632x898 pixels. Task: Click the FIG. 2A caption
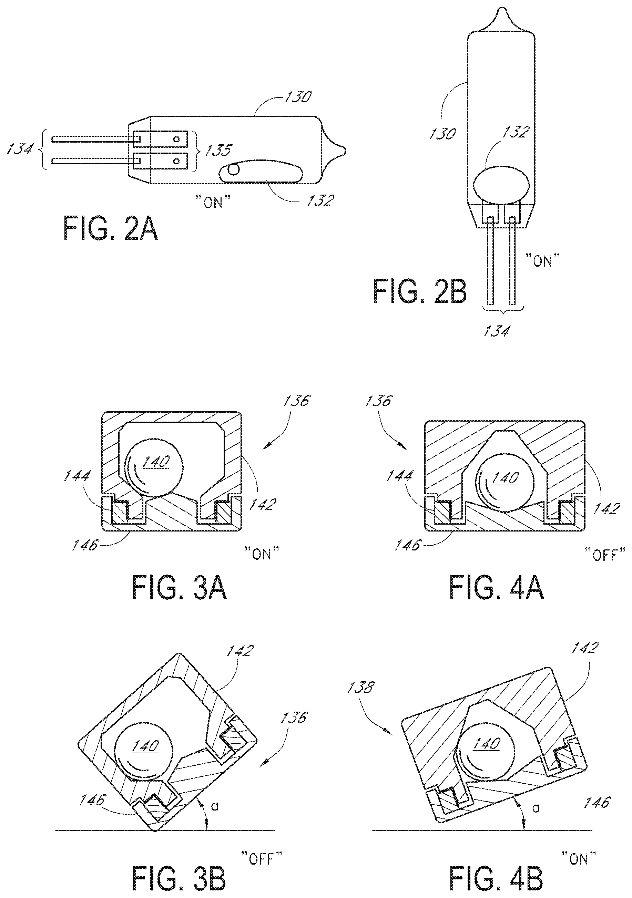point(111,228)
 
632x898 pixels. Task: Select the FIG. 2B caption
point(420,291)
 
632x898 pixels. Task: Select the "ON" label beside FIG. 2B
point(542,260)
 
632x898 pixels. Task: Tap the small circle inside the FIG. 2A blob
point(234,170)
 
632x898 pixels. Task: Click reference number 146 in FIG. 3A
point(85,545)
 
